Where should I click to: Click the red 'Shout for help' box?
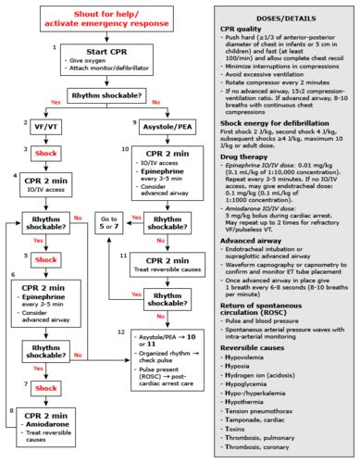109,18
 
